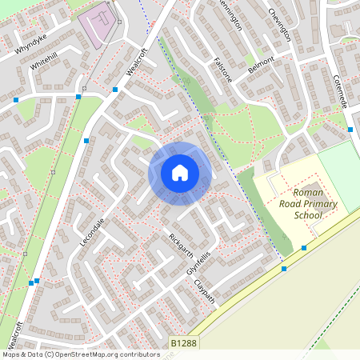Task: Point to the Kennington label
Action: point(229,14)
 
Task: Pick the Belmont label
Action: point(261,64)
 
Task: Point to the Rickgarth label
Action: point(182,246)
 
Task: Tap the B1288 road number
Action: point(183,343)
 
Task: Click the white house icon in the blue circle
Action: point(180,172)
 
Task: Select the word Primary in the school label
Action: point(319,204)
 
